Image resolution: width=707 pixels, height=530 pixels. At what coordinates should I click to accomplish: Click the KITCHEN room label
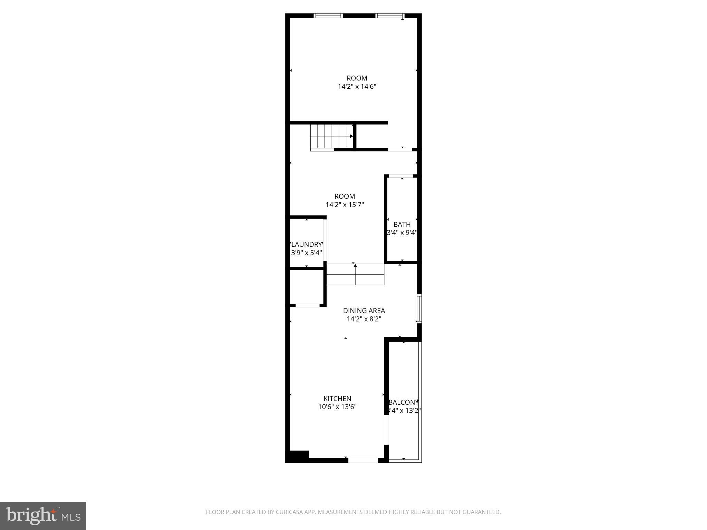(337, 399)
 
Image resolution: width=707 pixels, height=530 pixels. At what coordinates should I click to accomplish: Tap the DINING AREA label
(364, 311)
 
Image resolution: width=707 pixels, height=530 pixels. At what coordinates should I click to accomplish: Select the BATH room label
(402, 225)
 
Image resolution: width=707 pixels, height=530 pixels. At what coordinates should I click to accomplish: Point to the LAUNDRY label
(307, 245)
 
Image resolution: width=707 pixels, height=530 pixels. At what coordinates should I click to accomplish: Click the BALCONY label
(404, 402)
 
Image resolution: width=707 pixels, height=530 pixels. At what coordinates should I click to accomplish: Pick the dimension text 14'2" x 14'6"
(357, 87)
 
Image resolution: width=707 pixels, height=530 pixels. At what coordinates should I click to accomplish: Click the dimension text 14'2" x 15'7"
(345, 205)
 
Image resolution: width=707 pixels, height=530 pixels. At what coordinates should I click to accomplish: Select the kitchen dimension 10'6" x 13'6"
(337, 407)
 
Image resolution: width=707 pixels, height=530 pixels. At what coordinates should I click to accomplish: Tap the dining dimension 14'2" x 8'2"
(364, 319)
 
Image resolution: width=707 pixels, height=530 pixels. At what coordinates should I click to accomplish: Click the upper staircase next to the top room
(331, 136)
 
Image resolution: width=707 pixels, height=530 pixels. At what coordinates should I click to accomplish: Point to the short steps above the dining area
(355, 275)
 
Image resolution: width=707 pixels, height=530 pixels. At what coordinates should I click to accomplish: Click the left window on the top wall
(328, 16)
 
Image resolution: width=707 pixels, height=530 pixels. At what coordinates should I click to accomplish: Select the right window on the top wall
(389, 16)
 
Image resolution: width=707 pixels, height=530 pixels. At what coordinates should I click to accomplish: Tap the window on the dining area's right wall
(419, 308)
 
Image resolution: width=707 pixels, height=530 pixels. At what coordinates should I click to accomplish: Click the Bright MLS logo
(43, 516)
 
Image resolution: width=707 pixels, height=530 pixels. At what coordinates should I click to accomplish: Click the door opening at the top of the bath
(401, 176)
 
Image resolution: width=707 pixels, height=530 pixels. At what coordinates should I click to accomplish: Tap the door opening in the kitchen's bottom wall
(363, 460)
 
